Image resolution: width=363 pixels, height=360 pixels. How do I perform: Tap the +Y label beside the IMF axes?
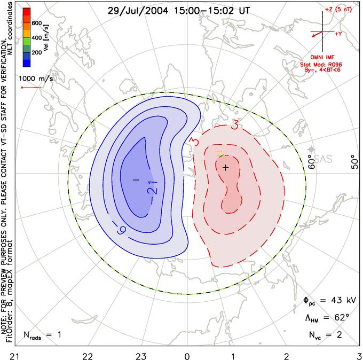[x=338, y=34]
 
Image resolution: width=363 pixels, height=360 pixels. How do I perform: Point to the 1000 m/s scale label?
[x=37, y=79]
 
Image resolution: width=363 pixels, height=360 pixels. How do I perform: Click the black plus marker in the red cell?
[x=225, y=168]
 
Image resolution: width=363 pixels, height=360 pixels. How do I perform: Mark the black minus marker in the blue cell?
[x=136, y=180]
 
